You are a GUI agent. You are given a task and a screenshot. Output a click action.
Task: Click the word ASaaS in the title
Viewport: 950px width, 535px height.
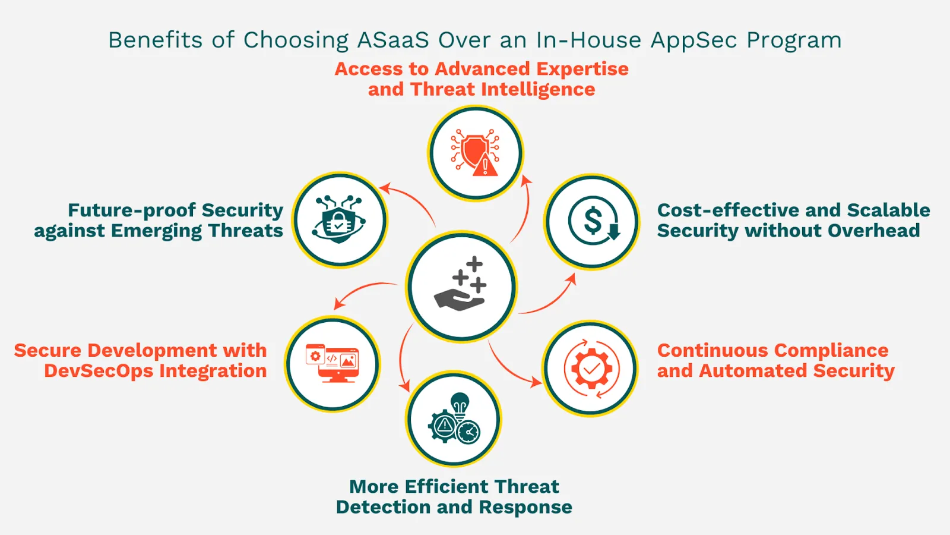(393, 40)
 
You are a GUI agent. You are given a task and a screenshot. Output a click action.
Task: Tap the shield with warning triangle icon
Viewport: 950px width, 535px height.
(475, 153)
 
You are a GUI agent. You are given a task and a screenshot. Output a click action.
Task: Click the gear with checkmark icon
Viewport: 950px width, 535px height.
(591, 369)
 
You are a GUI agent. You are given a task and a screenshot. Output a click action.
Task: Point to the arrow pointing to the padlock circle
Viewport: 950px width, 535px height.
(410, 202)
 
